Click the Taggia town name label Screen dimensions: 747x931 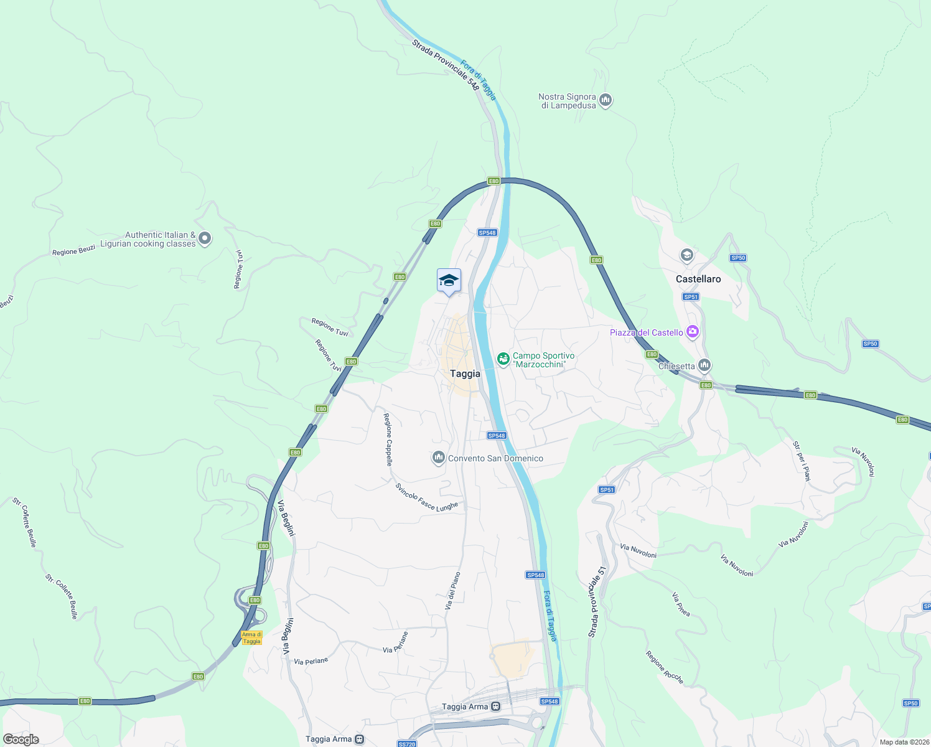tap(465, 374)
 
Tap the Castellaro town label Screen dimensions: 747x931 tap(698, 279)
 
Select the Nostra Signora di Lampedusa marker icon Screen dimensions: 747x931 tap(606, 100)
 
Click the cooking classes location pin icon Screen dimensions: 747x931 tap(205, 238)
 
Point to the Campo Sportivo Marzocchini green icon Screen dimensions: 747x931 tap(503, 359)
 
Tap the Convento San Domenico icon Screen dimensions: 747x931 tap(439, 459)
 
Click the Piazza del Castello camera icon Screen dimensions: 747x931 tap(692, 332)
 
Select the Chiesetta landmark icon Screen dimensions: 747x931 tap(704, 365)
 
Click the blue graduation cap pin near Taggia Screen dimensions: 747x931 tap(449, 281)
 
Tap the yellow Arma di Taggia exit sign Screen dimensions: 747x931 tap(251, 638)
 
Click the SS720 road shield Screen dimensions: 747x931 tap(406, 744)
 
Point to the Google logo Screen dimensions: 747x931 tap(21, 740)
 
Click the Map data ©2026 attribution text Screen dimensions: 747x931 tap(904, 742)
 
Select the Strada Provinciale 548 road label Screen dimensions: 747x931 tap(446, 65)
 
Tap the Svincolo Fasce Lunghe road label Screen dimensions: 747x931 tap(427, 498)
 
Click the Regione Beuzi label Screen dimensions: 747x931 tap(73, 251)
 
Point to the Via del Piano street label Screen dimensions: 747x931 tap(452, 590)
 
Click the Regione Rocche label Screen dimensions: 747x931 tap(665, 667)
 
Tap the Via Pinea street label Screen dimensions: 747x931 tap(681, 604)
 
